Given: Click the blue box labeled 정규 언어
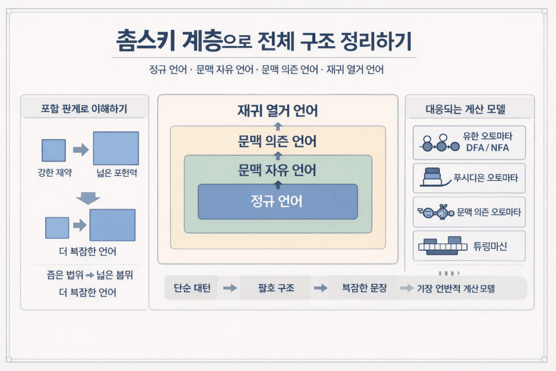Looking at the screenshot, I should tap(277, 202).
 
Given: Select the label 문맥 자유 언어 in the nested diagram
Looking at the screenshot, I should tap(277, 171).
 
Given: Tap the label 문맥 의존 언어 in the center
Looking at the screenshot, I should tap(277, 142).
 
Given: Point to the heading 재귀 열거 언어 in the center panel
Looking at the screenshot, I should tap(277, 111).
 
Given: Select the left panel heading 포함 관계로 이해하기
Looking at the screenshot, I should tap(84, 109).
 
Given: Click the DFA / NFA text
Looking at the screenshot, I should tap(488, 148).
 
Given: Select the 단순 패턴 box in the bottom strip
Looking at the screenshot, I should tap(192, 288).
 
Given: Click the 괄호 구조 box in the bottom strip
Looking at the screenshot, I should tap(276, 288).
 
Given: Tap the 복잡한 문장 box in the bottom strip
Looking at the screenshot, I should tap(364, 288).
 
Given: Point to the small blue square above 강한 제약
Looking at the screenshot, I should tap(54, 150).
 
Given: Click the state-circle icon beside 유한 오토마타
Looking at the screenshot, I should tap(437, 142).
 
